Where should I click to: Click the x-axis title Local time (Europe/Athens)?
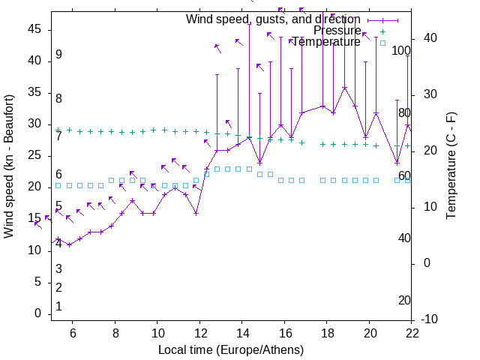231,349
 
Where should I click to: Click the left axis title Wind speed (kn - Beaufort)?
9,166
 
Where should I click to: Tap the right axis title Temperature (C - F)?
451,166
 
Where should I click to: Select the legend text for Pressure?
337,31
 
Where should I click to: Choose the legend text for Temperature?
326,42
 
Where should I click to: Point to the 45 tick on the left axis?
36,29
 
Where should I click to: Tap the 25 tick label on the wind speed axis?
36,155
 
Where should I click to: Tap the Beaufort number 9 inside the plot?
58,55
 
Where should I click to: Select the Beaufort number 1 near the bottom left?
58,307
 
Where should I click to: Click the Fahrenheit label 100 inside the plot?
402,51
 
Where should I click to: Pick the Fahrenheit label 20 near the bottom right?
404,300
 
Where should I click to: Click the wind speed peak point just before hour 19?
344,88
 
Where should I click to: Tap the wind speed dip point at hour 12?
196,213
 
